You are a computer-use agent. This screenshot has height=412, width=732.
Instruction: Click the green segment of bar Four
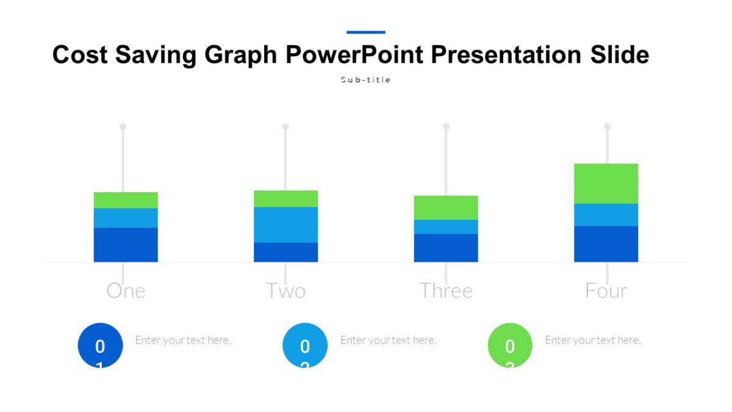(606, 183)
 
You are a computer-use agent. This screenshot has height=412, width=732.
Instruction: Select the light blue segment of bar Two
(285, 225)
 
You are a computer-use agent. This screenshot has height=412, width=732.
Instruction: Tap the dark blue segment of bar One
(126, 245)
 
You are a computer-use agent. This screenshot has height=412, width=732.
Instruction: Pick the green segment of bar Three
(446, 208)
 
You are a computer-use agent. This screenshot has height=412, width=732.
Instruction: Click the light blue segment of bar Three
(446, 226)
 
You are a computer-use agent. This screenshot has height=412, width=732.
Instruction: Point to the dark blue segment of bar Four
(606, 244)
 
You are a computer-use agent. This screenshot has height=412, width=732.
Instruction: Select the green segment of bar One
(126, 200)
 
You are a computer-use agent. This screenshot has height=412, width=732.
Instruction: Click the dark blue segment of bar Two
(285, 252)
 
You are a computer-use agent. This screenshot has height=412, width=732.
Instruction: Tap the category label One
(126, 291)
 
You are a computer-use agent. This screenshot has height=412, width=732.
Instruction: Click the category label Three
(446, 291)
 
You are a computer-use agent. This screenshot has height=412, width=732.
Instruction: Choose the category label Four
(606, 291)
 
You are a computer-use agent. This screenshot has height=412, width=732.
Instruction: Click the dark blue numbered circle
(100, 345)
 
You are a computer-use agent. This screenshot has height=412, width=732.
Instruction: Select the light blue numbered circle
(305, 345)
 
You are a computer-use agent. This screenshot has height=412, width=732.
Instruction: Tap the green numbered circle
(510, 345)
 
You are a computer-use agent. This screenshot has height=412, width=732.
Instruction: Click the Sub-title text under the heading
(365, 80)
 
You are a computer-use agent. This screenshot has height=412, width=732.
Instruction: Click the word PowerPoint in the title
(354, 55)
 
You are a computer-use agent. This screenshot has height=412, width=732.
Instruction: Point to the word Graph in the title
(241, 55)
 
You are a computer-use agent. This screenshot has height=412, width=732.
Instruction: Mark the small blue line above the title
(366, 32)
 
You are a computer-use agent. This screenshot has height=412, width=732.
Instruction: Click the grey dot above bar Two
(285, 126)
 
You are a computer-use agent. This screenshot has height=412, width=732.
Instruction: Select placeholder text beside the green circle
(593, 340)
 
